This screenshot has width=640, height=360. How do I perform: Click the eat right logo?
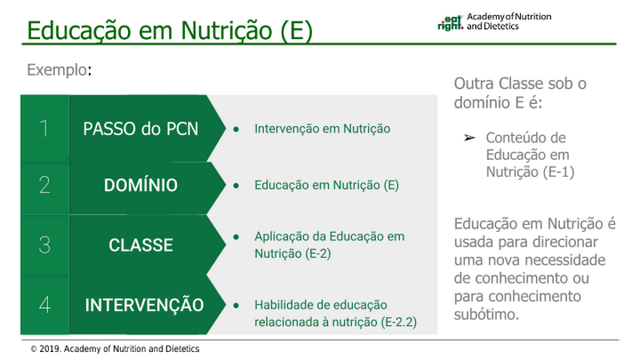450,23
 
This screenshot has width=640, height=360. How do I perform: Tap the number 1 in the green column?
44,129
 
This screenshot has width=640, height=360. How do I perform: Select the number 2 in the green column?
45,185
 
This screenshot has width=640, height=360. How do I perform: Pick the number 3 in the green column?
45,245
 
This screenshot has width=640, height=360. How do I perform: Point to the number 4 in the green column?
45,305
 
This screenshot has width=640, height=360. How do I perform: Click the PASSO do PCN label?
141,129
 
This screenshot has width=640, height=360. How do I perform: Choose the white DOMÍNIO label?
141,185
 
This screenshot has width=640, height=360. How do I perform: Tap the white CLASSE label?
141,245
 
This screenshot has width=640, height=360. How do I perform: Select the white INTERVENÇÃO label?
144,305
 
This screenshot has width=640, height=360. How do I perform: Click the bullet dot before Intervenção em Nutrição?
236,129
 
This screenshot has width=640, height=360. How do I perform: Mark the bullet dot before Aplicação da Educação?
236,237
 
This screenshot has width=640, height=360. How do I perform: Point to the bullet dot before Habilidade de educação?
236,306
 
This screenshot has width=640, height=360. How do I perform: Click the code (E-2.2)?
398,322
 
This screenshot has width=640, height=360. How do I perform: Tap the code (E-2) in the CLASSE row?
318,254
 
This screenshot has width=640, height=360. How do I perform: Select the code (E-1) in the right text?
558,172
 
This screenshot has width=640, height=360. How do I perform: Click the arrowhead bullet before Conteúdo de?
470,138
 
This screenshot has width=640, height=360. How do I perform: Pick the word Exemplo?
57,70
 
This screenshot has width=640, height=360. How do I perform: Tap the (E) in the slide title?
297,30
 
